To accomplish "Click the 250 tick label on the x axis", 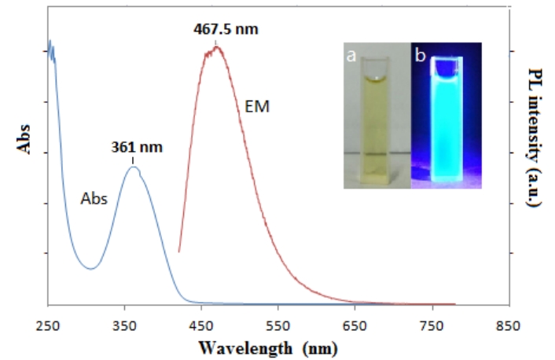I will [49, 325].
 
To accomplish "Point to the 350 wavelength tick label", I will [125, 325].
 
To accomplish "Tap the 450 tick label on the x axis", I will [202, 325].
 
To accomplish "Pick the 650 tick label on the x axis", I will [355, 325].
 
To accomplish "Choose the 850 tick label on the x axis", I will [509, 325].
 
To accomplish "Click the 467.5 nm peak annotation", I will [226, 30].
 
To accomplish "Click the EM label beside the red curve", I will [258, 105].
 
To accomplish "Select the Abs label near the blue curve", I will [94, 199].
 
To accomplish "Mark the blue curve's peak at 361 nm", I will [134, 167].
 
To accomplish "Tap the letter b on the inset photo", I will [421, 55].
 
